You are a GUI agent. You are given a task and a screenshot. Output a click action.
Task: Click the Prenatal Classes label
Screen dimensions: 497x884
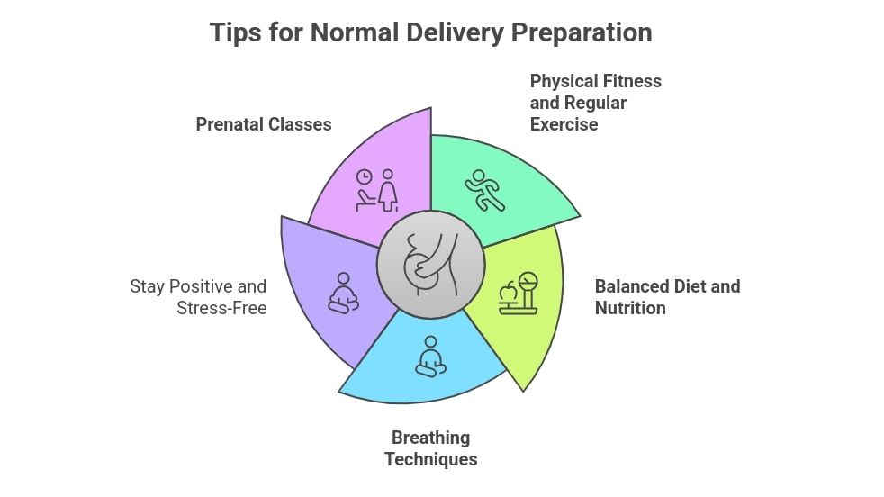(x=264, y=124)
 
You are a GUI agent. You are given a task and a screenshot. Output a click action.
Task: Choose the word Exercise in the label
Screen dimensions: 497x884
(x=564, y=124)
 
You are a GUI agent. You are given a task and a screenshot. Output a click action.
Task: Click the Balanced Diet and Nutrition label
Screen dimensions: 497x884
(x=667, y=297)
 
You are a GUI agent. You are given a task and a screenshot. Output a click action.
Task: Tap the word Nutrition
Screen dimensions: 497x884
(x=630, y=308)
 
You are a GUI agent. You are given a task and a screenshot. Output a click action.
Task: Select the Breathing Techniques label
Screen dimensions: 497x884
(x=430, y=448)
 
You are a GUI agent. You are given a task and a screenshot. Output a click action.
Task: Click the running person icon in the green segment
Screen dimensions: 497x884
(x=485, y=190)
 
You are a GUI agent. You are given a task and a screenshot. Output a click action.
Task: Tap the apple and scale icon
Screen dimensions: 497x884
(x=519, y=294)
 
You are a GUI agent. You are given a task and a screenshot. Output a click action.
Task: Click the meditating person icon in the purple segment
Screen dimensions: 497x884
(x=342, y=293)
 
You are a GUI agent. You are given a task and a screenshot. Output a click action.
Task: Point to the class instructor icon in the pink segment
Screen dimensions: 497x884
(x=377, y=190)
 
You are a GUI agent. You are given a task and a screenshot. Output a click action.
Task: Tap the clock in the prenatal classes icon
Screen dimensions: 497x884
(x=365, y=177)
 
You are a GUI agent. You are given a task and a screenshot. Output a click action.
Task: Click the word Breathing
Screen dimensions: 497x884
(x=430, y=438)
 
